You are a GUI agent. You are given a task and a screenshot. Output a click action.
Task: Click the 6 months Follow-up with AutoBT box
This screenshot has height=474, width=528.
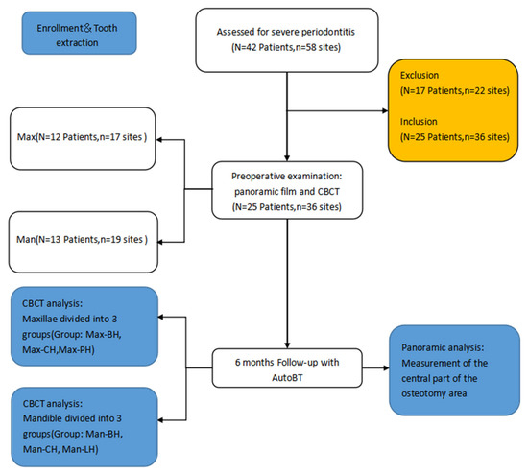point(285,365)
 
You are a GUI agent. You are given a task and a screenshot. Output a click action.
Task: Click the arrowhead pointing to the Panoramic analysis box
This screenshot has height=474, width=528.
point(388,365)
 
